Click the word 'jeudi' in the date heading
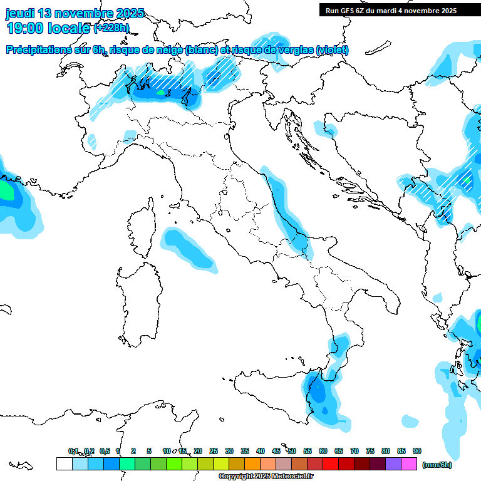click(x=21, y=13)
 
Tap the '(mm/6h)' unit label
click(x=437, y=465)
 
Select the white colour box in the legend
click(x=64, y=463)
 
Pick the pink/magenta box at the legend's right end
click(x=409, y=463)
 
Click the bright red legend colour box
click(x=331, y=463)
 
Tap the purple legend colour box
click(x=393, y=463)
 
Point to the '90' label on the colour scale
click(x=417, y=451)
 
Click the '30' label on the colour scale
click(x=229, y=451)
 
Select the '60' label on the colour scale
click(x=323, y=451)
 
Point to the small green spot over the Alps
click(x=160, y=93)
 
